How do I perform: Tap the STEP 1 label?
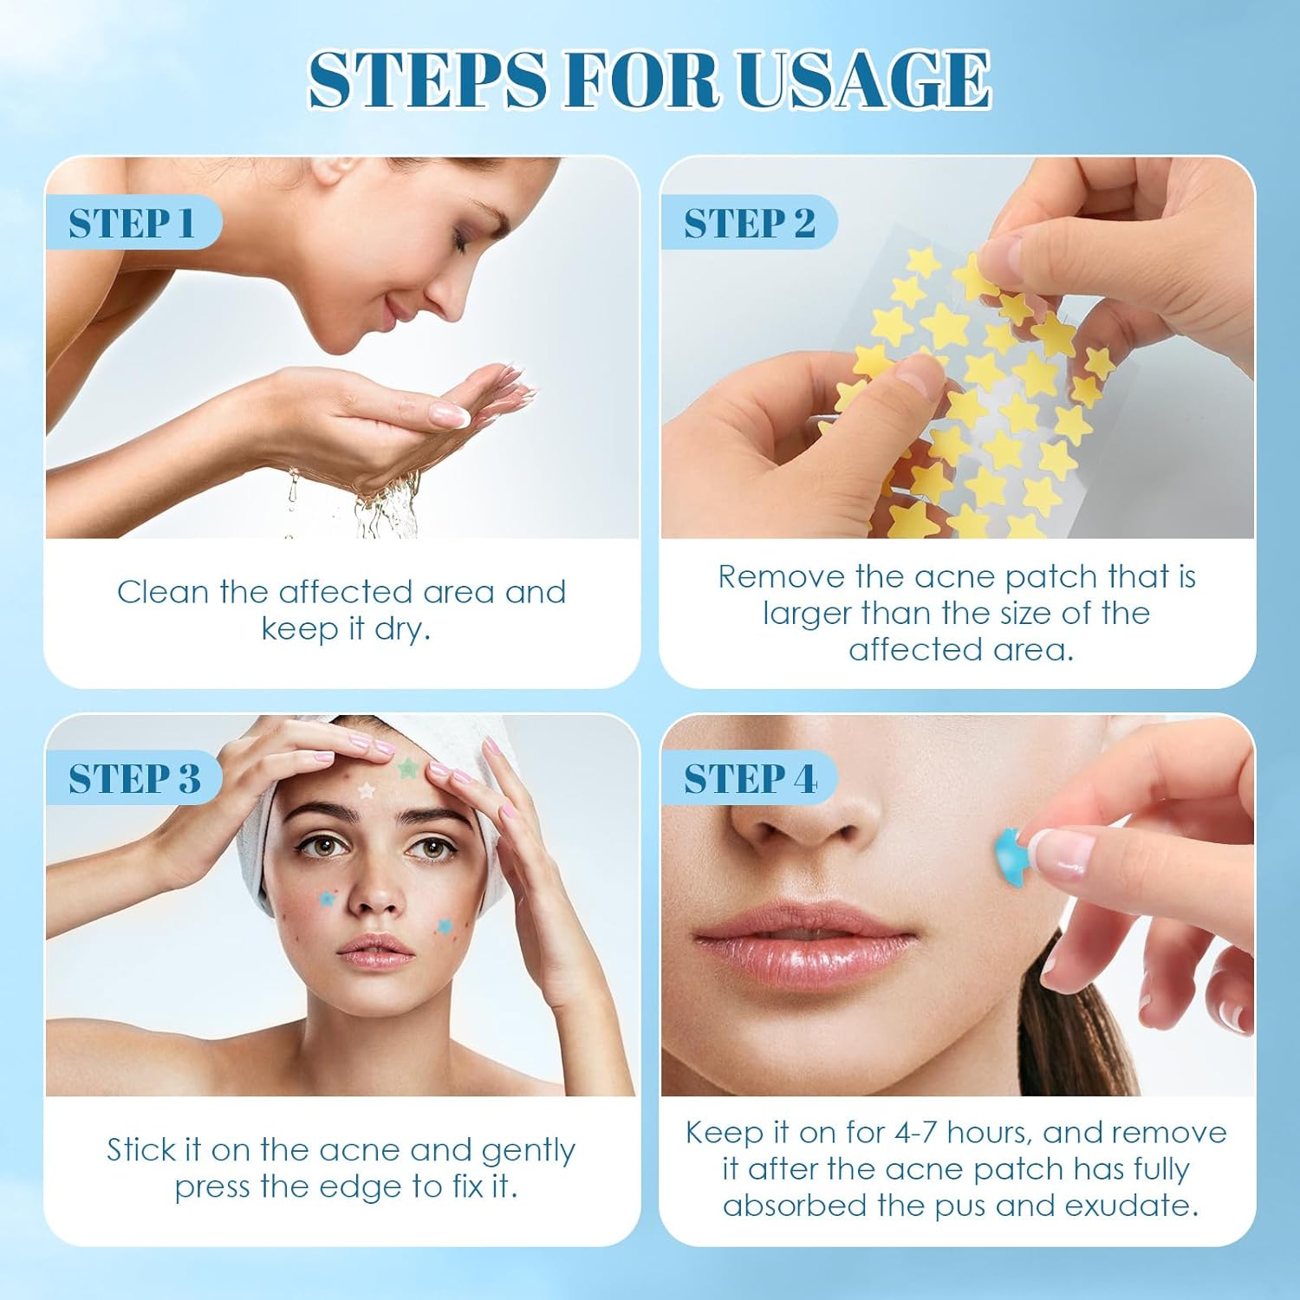click(132, 224)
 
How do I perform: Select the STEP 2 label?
click(750, 224)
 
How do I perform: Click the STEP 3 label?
click(134, 778)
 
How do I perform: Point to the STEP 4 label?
click(750, 778)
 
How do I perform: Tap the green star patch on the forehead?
click(407, 767)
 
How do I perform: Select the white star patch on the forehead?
click(367, 790)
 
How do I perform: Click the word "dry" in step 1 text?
click(401, 629)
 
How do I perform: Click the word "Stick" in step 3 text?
click(141, 1150)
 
